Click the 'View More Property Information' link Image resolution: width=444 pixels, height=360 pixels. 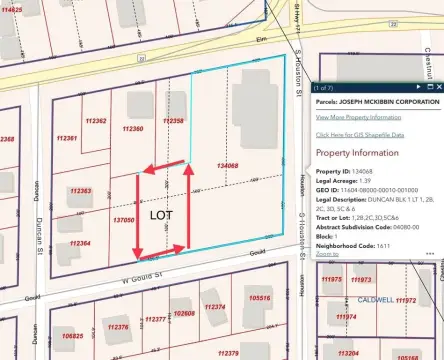tap(357, 117)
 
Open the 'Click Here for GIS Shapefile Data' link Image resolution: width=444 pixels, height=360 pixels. tap(360, 134)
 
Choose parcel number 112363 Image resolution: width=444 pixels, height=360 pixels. tap(81, 190)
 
